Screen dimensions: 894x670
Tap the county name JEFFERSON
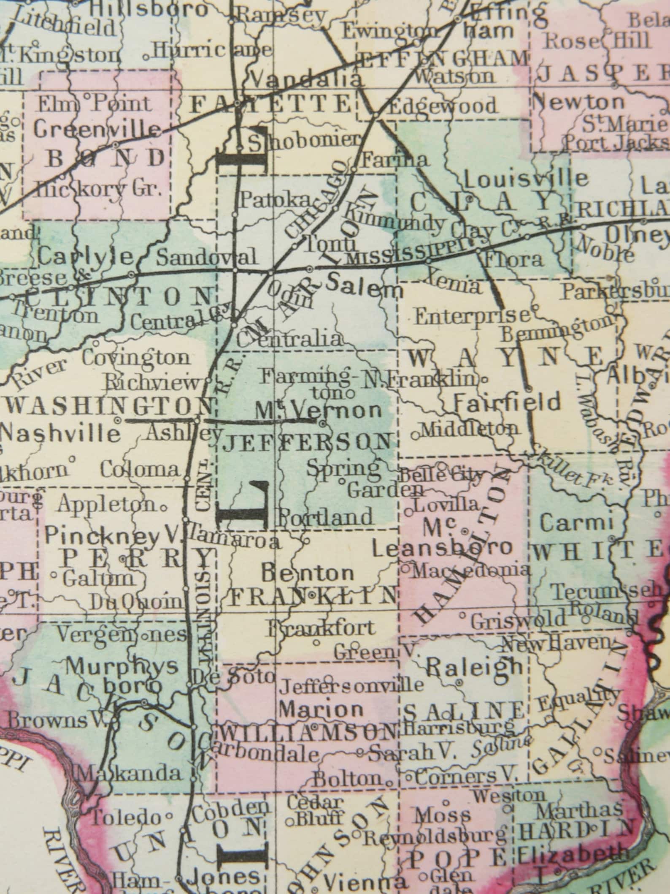[307, 443]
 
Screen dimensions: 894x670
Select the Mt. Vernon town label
[318, 410]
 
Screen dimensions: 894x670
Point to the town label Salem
[365, 289]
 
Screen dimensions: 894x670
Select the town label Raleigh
[475, 668]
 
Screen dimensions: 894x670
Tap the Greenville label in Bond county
[97, 130]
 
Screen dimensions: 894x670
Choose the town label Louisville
[526, 178]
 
